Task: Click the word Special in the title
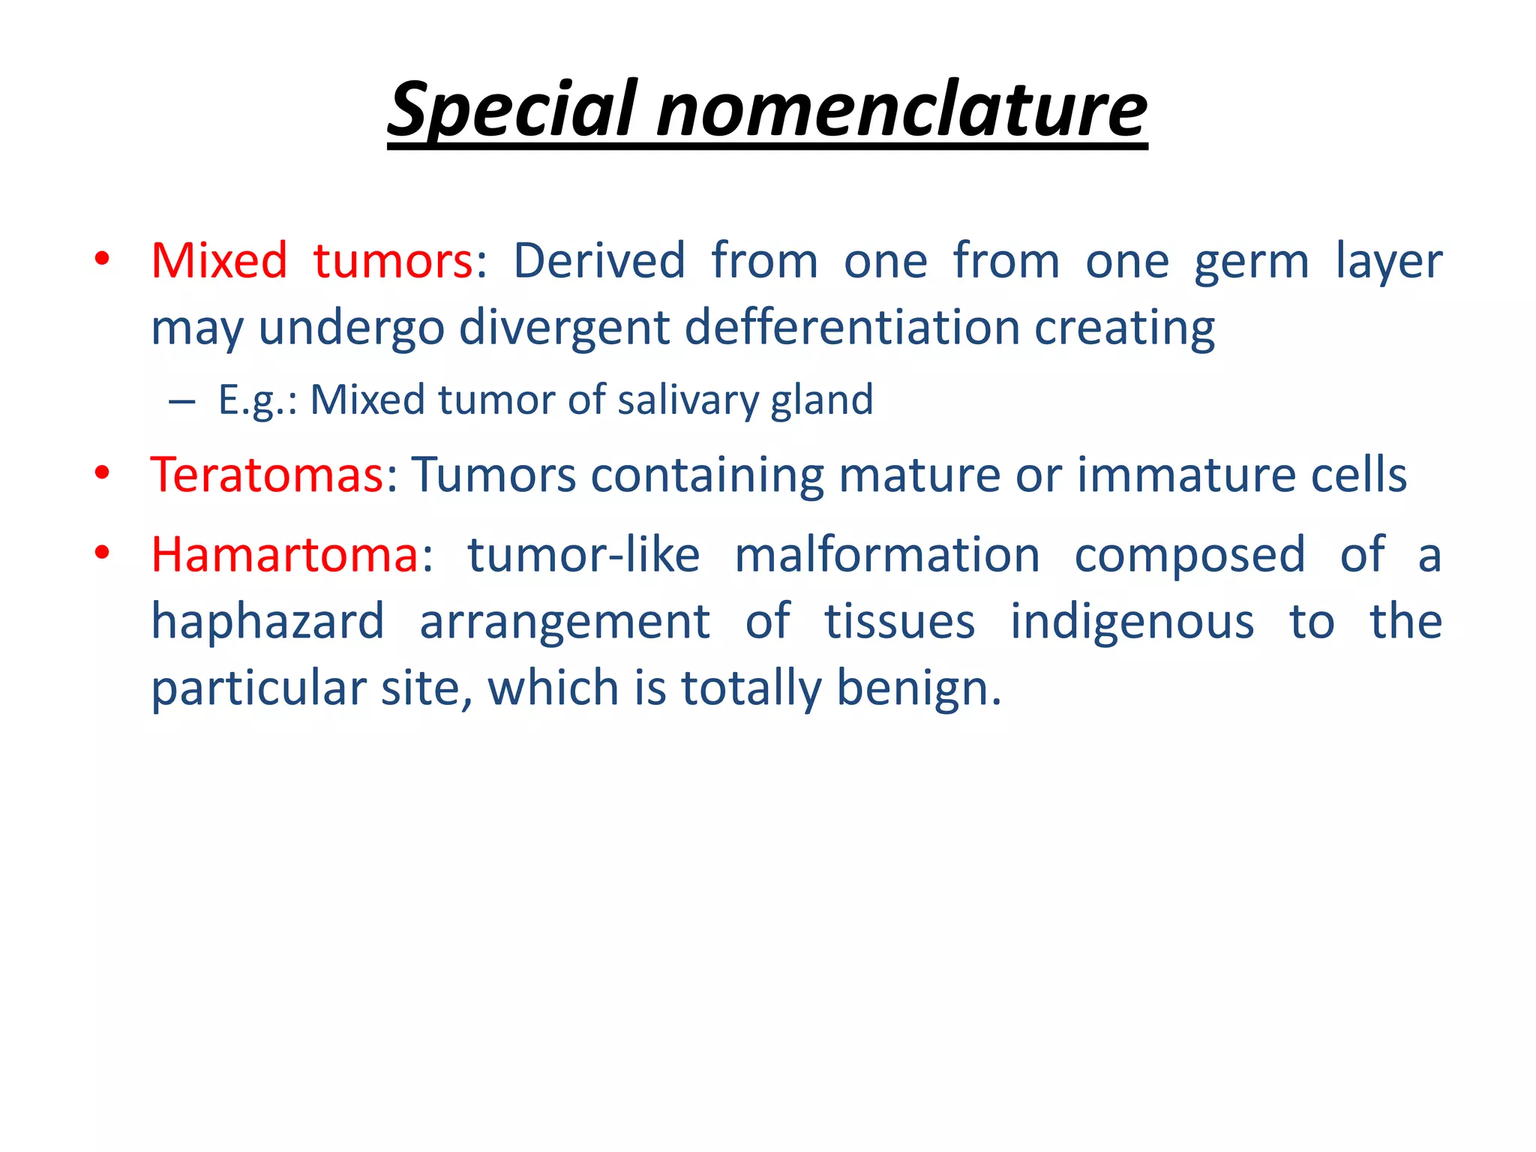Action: click(514, 110)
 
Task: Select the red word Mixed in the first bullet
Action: click(219, 260)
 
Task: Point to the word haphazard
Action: click(268, 622)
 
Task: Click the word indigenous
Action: click(1132, 622)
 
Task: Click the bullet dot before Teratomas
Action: click(103, 473)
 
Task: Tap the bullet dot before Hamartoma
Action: click(103, 553)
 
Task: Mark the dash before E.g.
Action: click(181, 401)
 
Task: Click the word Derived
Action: click(599, 260)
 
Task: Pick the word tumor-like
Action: click(583, 555)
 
